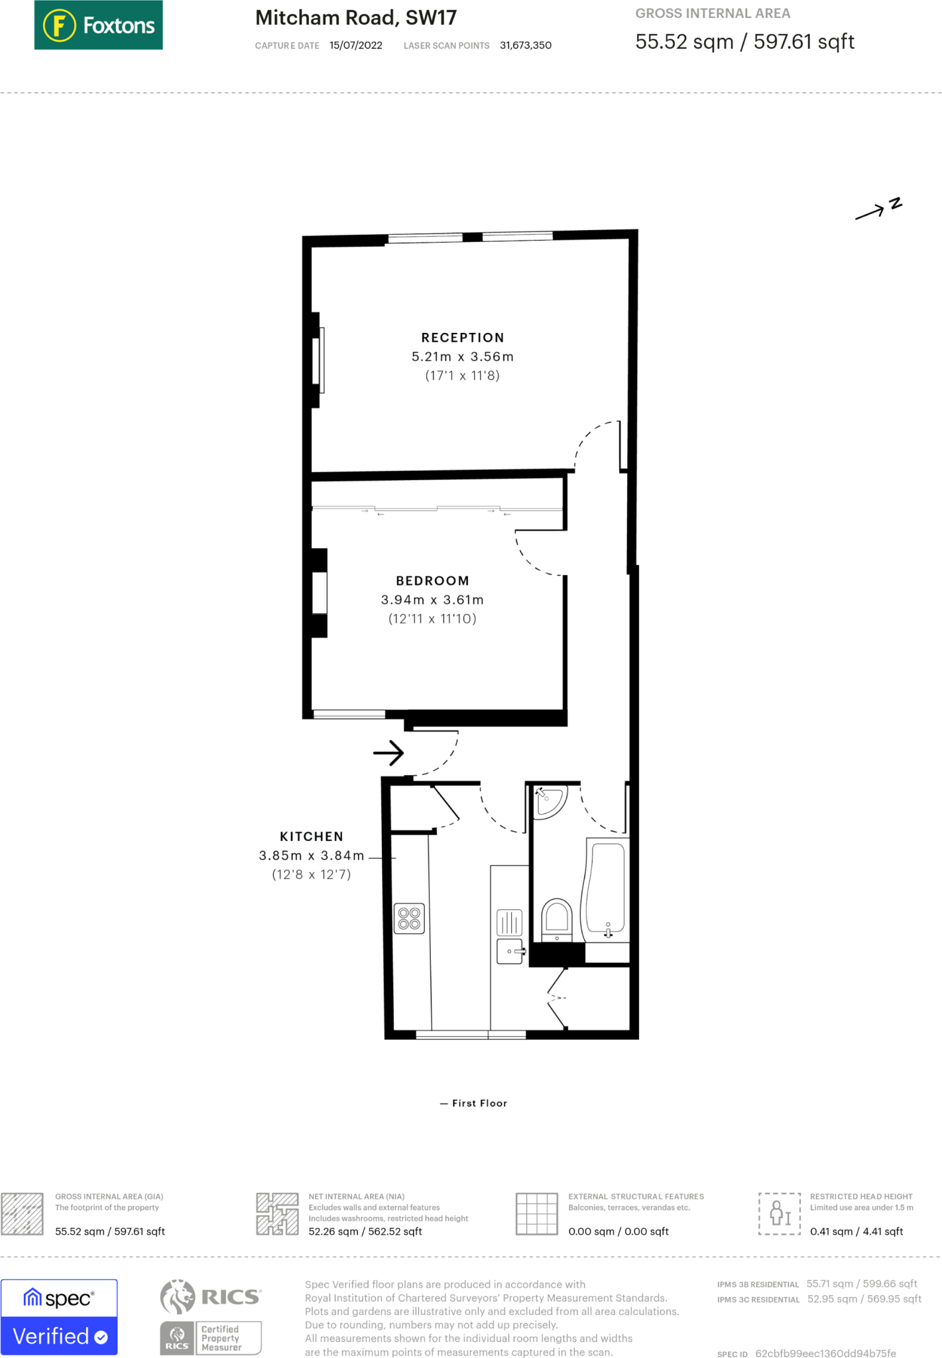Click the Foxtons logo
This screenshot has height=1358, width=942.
tap(98, 25)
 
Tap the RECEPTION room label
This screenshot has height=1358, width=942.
tap(463, 338)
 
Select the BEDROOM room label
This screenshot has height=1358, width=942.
tap(432, 581)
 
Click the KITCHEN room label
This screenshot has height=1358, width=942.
tap(312, 837)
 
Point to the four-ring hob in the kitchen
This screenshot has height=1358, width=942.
tap(409, 919)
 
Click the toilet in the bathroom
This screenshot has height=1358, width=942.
tap(557, 918)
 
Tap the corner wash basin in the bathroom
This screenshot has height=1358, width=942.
tap(550, 800)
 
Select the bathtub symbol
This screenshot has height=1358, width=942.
tap(606, 889)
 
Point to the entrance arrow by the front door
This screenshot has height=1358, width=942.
tap(388, 753)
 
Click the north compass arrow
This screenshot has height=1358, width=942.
tap(878, 210)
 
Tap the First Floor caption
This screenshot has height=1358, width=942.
tap(475, 1103)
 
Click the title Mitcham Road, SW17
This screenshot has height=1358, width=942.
tap(356, 18)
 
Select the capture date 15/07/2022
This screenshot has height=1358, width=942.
tap(356, 46)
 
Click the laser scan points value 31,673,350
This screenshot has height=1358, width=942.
tap(526, 46)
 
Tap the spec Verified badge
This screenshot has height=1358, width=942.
tap(59, 1317)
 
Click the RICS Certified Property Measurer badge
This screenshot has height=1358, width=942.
tap(211, 1317)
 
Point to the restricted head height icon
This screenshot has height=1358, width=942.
tap(780, 1213)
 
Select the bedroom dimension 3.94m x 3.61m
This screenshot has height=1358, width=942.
tap(432, 600)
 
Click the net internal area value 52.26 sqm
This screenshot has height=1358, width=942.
tap(365, 1231)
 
